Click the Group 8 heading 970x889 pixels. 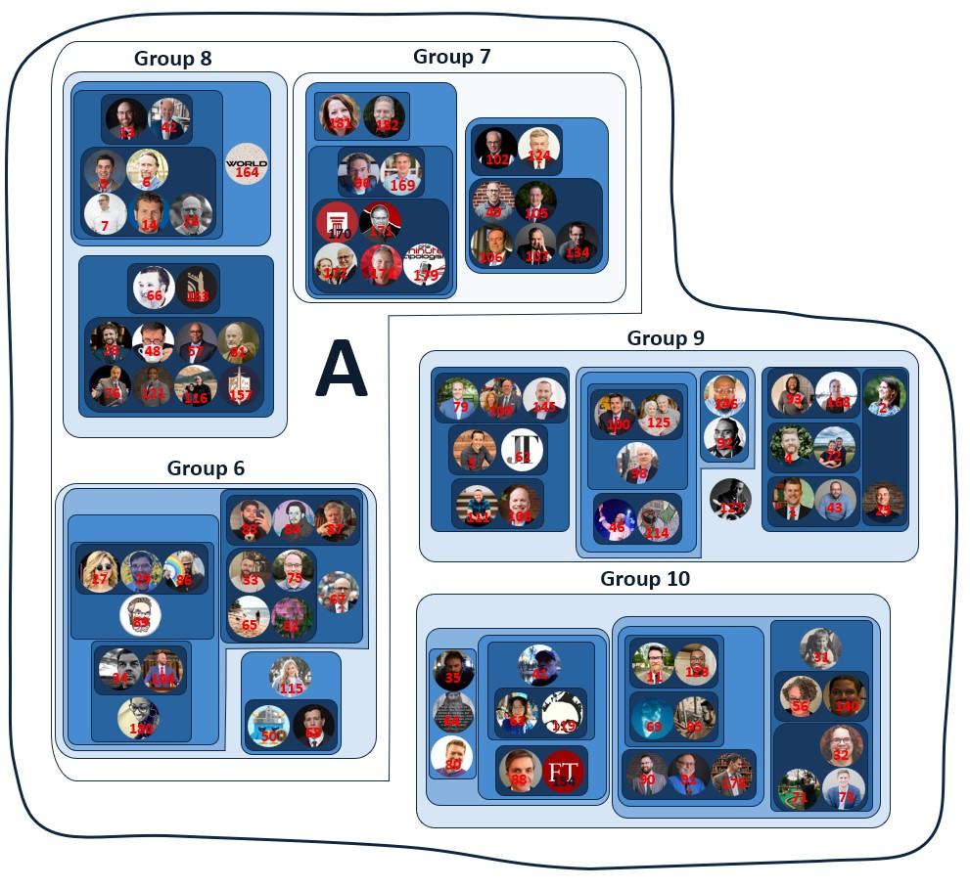pos(172,59)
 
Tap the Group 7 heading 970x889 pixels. pos(451,56)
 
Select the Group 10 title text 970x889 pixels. pos(644,579)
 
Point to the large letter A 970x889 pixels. pos(340,370)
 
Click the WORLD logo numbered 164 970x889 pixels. pos(246,163)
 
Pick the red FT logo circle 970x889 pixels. pos(563,771)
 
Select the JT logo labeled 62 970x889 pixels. pos(523,450)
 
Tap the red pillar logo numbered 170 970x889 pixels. pos(335,222)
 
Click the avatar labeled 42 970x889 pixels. pos(169,118)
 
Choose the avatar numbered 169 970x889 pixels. pos(401,174)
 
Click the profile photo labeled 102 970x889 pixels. pos(496,149)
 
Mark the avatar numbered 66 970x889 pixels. pos(154,287)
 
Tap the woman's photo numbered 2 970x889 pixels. pos(885,395)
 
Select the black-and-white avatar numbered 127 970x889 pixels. pos(729,499)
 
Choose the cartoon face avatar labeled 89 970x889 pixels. pos(140,615)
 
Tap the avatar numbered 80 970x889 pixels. pos(452,756)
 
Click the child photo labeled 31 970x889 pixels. pos(820,648)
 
